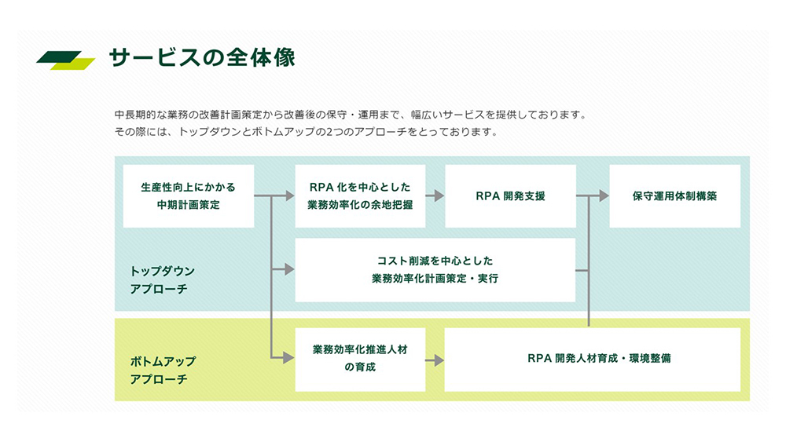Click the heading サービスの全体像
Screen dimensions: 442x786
pos(201,59)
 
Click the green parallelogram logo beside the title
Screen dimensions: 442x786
pos(66,60)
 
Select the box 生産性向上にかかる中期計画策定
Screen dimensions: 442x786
pos(188,196)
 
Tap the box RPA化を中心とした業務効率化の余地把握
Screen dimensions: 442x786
pos(360,196)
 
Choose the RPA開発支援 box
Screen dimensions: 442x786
pos(510,196)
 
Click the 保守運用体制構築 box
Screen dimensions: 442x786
pos(674,196)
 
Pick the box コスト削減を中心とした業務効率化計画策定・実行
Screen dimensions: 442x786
pos(435,270)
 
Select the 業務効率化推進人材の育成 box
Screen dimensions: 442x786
pos(360,360)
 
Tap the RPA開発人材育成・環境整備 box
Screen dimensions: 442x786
pos(592,360)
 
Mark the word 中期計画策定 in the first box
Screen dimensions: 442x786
pos(188,205)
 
